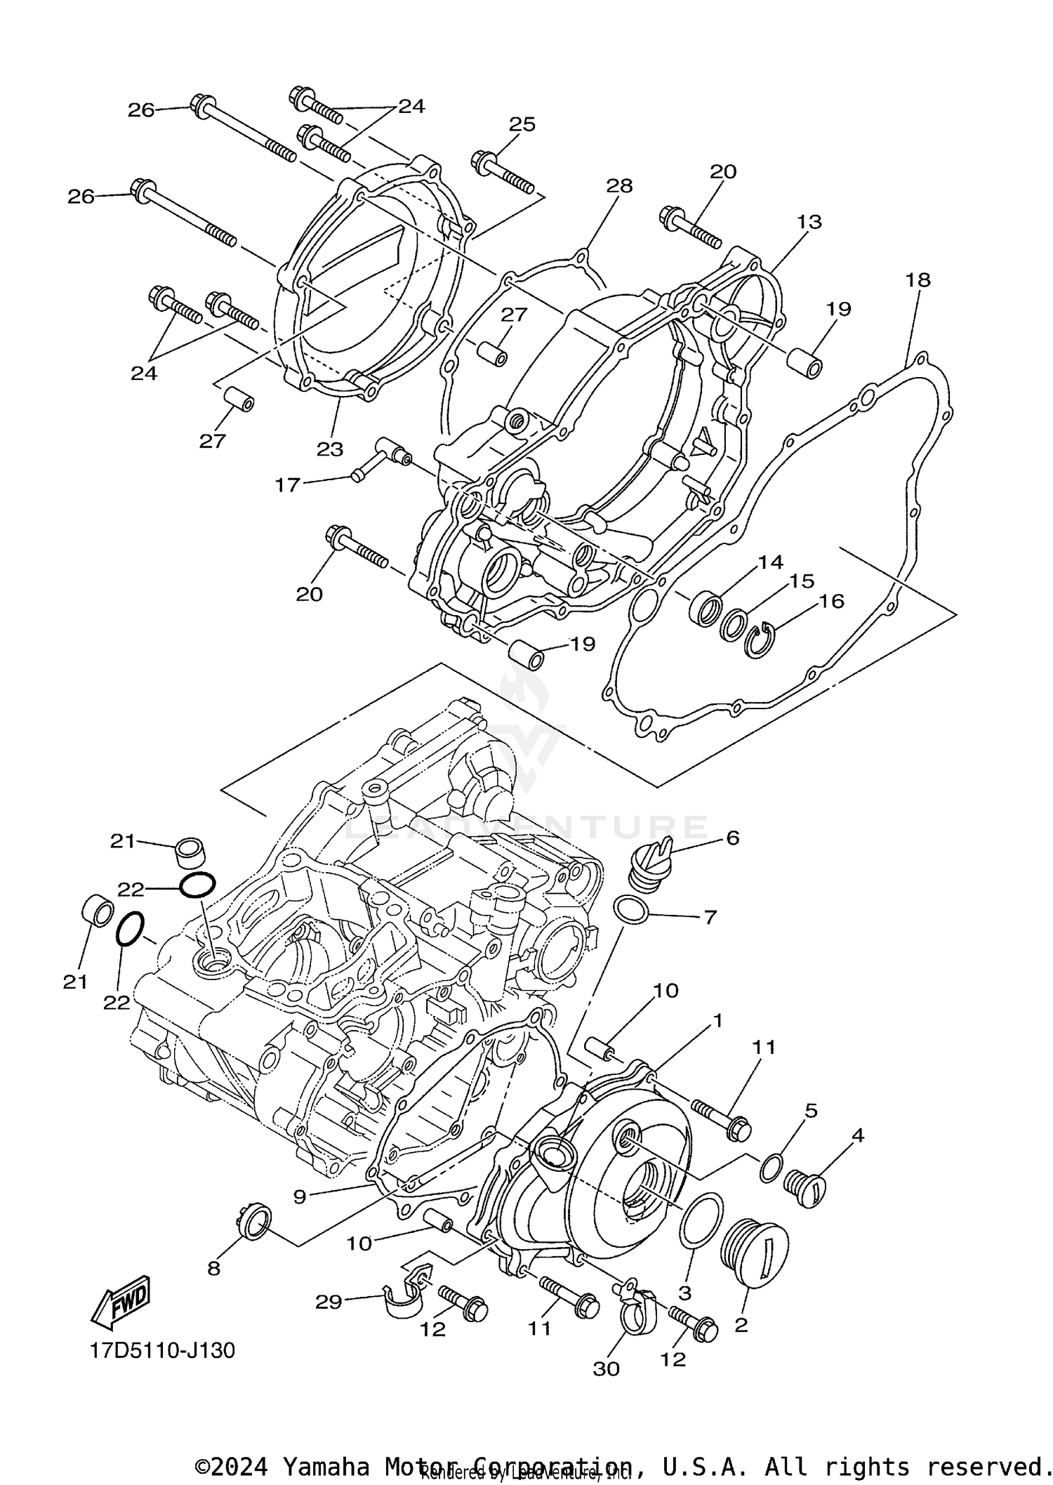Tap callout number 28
pos(620,186)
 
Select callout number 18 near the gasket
pos(918,280)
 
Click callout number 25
pos(522,124)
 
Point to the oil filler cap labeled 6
pos(651,865)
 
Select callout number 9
pos(300,1196)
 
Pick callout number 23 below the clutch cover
pos(330,449)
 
